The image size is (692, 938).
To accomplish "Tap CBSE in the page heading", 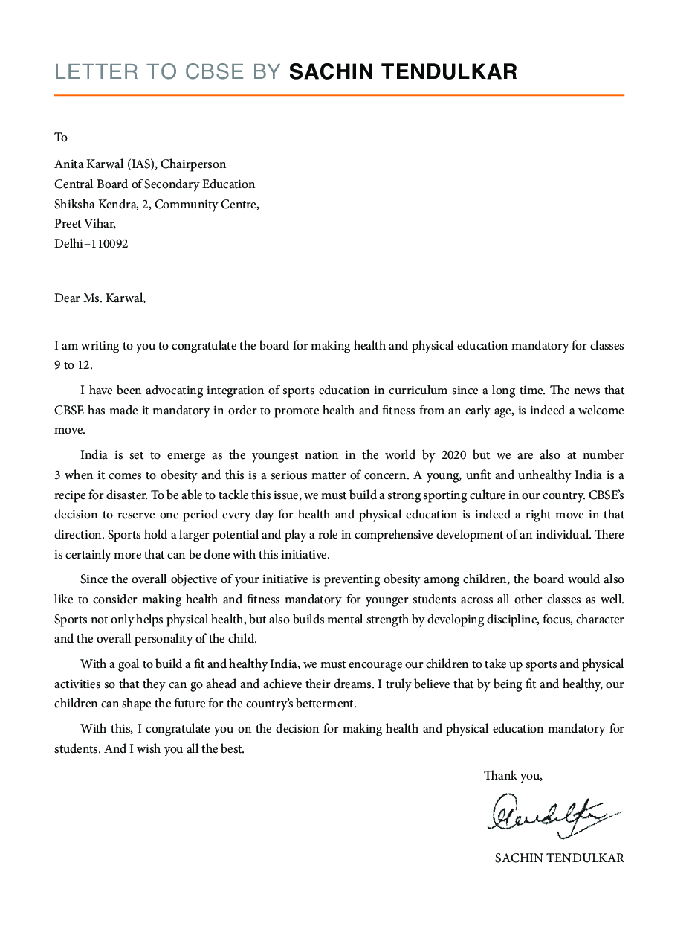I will pos(214,71).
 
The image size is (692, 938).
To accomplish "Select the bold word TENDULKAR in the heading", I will pos(452,71).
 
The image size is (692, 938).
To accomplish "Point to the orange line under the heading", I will pos(339,95).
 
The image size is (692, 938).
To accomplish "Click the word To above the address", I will pos(61,137).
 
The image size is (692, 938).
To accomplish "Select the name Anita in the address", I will pos(70,164).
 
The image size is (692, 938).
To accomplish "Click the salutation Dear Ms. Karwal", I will pos(100,298).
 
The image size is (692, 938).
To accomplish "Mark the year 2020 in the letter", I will pos(454,455).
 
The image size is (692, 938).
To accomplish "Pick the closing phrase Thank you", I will pos(513,776).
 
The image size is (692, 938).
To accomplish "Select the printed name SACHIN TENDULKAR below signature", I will pos(559,858).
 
